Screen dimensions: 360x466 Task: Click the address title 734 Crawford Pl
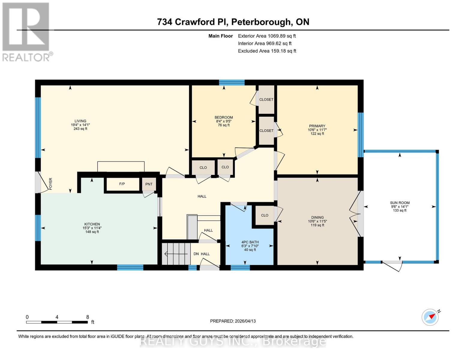click(x=233, y=22)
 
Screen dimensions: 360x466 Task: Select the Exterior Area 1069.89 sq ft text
click(x=267, y=36)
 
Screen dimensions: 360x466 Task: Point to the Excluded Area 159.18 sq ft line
click(x=267, y=51)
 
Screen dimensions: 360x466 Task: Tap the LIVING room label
click(x=80, y=121)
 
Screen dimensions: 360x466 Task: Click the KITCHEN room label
click(x=92, y=224)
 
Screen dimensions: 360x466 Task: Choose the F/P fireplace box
click(x=122, y=184)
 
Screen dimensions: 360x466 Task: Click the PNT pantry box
click(x=149, y=184)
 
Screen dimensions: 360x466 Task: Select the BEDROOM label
click(x=224, y=117)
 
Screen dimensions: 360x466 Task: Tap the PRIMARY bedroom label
click(x=317, y=126)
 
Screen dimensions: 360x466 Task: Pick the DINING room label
click(x=317, y=217)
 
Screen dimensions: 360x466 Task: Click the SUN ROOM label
click(x=400, y=203)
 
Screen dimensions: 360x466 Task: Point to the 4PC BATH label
click(x=250, y=242)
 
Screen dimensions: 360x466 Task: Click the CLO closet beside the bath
click(x=265, y=215)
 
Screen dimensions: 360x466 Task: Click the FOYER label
click(x=50, y=184)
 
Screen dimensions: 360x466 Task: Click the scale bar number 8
click(x=88, y=317)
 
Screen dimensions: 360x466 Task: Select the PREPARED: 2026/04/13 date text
click(x=233, y=321)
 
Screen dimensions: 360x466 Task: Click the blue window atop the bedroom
click(x=232, y=82)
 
